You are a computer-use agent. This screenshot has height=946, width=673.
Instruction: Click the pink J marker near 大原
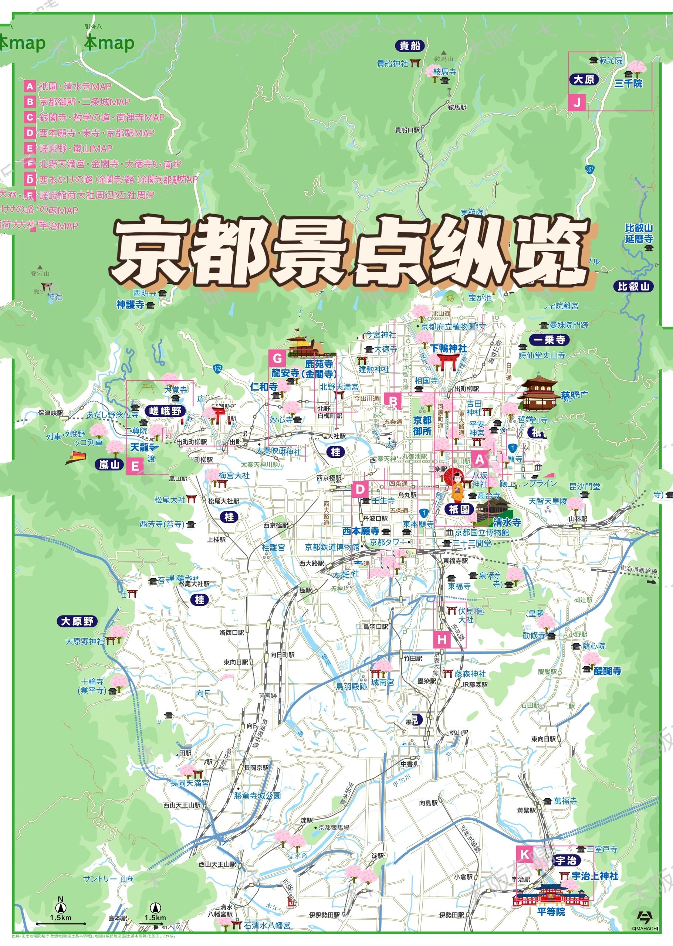[577, 102]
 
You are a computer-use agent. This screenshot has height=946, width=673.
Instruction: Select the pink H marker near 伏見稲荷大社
[442, 639]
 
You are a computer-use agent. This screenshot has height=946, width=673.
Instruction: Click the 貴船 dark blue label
[409, 45]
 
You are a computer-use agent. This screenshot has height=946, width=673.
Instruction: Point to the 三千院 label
[628, 83]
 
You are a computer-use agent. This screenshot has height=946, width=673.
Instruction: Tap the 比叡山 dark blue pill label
[633, 286]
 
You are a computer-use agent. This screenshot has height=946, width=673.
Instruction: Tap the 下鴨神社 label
[449, 348]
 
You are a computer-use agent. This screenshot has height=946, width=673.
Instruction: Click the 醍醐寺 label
[608, 671]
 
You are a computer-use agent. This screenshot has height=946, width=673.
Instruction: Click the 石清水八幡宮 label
[267, 925]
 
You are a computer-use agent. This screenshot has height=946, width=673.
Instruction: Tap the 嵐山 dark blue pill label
[109, 465]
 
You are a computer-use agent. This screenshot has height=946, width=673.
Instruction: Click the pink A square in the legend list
[30, 86]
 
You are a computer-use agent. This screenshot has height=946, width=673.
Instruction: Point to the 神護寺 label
[130, 305]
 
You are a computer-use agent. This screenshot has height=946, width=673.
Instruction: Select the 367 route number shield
[590, 169]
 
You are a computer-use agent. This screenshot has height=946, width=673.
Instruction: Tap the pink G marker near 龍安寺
[277, 358]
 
